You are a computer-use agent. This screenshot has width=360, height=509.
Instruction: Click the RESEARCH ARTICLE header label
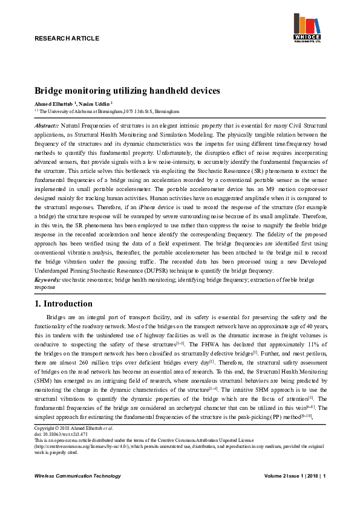tap(67, 38)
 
